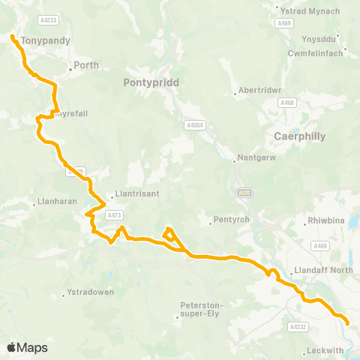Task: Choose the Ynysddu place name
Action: tap(318, 40)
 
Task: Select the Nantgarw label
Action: tap(248, 158)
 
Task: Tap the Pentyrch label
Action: tap(228, 220)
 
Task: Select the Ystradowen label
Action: tap(90, 292)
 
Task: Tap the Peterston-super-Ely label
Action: tap(202, 309)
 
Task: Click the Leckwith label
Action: tap(325, 350)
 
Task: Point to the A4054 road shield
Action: tap(194, 125)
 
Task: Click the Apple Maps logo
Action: tap(27, 347)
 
